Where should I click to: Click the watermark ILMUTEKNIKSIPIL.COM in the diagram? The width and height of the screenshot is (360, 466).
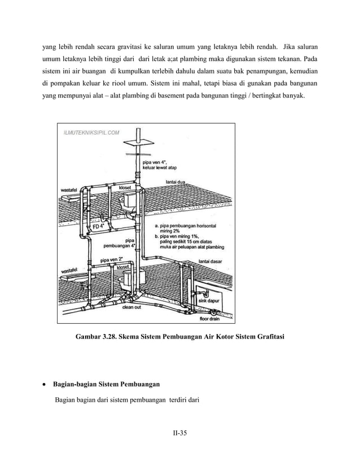click(90, 133)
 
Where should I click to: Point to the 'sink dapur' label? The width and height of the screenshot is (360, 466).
click(209, 301)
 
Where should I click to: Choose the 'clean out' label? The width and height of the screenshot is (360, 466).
click(131, 307)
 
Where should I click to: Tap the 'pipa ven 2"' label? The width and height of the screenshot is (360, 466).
click(112, 260)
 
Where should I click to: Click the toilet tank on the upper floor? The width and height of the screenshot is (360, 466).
click(129, 199)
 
